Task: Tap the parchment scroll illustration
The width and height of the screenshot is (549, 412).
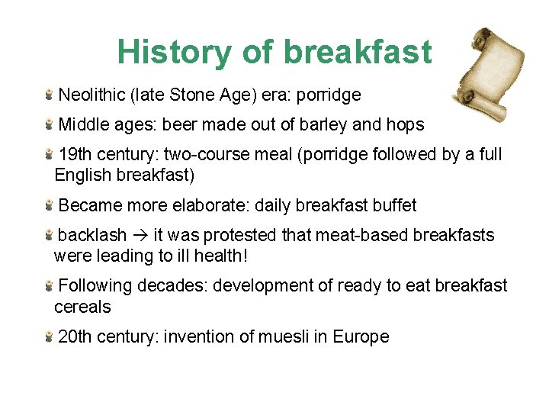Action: (487, 69)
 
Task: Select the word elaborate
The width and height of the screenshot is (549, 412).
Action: (210, 205)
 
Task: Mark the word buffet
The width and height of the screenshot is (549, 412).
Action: (395, 205)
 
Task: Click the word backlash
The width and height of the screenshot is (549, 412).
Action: (92, 235)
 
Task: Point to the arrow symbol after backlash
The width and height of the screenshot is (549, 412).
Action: (140, 236)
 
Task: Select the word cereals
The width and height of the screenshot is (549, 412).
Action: (82, 307)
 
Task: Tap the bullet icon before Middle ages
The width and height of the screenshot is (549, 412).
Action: (48, 124)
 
